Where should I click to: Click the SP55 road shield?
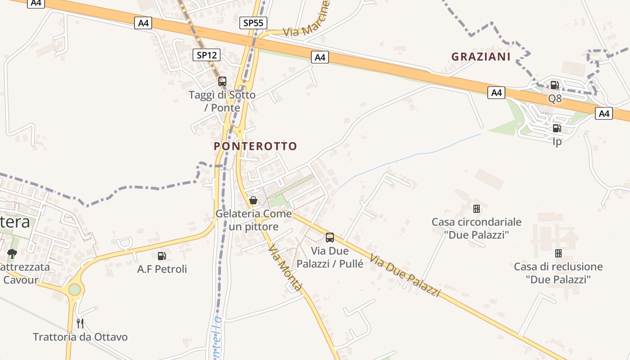pos(254,23)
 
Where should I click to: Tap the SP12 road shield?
pos(207,55)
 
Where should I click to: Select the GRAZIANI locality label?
pos(481,57)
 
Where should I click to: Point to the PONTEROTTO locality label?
pos(255,146)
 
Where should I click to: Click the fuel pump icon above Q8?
pos(554,85)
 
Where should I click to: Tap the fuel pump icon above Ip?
pos(557,128)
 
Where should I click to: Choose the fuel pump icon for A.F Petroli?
pos(162,256)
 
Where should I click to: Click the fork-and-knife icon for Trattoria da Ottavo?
pos(80,323)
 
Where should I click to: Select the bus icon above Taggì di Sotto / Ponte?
pos(222,81)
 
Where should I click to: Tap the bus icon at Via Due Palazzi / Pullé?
pos(330,237)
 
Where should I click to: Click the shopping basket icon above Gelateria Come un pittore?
pos(253,200)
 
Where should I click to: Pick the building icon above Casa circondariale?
pos(476,209)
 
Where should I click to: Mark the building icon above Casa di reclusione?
pos(558,253)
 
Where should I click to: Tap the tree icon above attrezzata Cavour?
pos(12,254)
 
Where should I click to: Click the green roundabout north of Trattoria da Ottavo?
pos(75,289)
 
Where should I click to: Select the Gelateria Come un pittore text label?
pos(254,220)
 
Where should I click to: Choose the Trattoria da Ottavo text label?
pos(80,337)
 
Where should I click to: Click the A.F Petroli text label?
pos(162,270)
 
